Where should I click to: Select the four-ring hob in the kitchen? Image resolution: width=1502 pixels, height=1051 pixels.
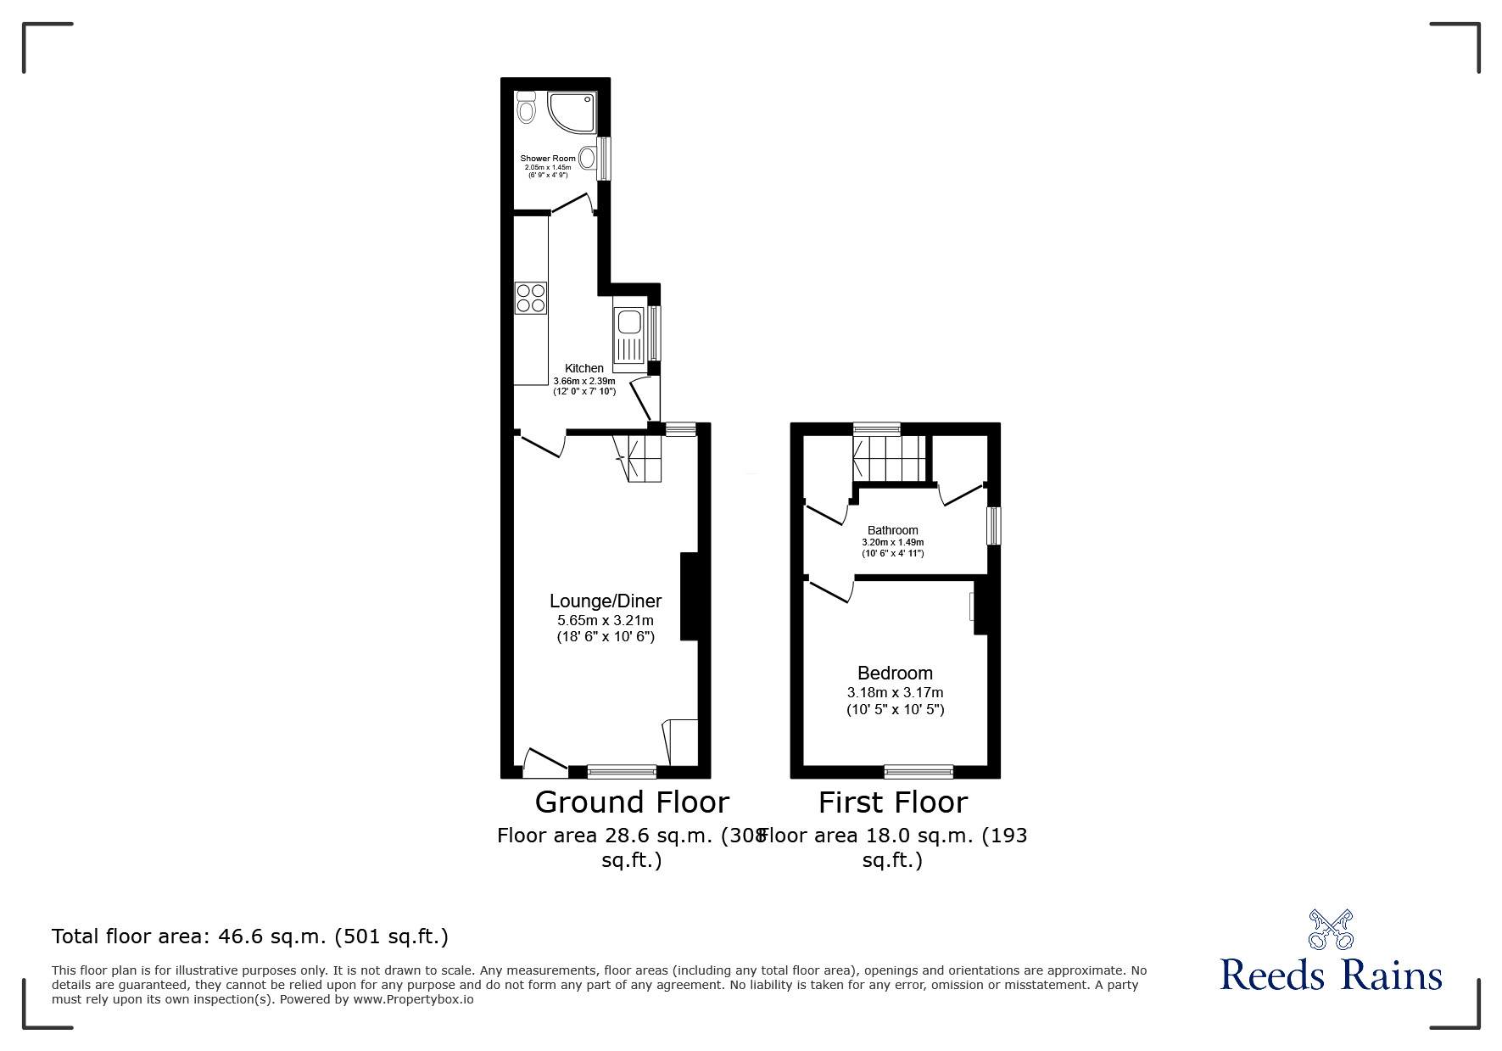pyautogui.click(x=531, y=298)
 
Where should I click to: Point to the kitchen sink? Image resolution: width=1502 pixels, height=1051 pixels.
pyautogui.click(x=628, y=323)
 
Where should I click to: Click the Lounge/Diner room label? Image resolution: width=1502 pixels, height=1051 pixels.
pyautogui.click(x=605, y=601)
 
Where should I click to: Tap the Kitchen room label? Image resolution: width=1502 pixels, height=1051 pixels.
pyautogui.click(x=584, y=368)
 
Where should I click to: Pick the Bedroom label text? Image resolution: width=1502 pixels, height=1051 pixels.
pyautogui.click(x=895, y=674)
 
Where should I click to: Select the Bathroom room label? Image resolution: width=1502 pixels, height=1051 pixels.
pyautogui.click(x=892, y=530)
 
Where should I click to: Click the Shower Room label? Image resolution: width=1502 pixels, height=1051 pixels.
pyautogui.click(x=547, y=159)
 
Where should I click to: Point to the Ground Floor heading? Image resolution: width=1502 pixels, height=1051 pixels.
pyautogui.click(x=632, y=802)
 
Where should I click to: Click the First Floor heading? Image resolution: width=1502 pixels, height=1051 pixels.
pyautogui.click(x=893, y=802)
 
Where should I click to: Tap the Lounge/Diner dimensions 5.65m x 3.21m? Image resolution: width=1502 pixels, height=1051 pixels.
pyautogui.click(x=605, y=620)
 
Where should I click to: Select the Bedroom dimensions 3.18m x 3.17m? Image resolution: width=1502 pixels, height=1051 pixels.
pyautogui.click(x=895, y=693)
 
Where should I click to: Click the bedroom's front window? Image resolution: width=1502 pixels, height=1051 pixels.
pyautogui.click(x=919, y=771)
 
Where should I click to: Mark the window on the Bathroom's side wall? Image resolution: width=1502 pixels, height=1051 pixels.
pyautogui.click(x=993, y=526)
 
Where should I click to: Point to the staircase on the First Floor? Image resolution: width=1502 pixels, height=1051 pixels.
pyautogui.click(x=890, y=459)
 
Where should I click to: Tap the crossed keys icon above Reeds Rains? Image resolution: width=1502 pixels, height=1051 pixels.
pyautogui.click(x=1331, y=929)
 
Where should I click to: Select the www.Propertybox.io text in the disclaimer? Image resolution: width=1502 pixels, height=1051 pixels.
pyautogui.click(x=413, y=999)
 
